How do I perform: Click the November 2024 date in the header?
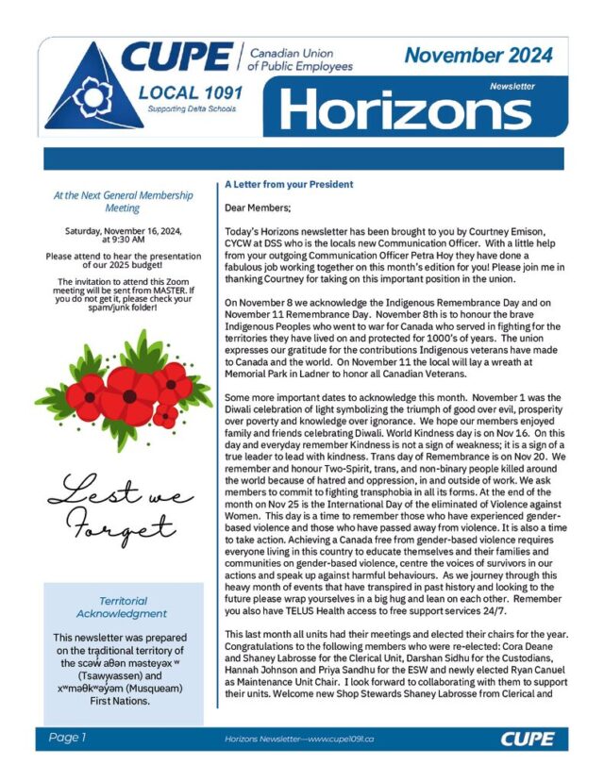[x=478, y=55]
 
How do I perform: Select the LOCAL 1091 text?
[x=190, y=92]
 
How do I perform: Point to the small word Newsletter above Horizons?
[x=512, y=86]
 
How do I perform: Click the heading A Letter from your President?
[x=289, y=184]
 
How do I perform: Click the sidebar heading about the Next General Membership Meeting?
[x=123, y=202]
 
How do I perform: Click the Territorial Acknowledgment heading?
[x=122, y=607]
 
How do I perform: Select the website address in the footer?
[x=299, y=739]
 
